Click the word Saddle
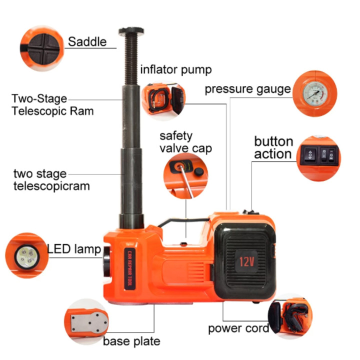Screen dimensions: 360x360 [87, 42]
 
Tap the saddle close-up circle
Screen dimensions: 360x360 [42, 48]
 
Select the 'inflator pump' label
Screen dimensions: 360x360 [176, 70]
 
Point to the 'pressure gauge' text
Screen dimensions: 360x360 [247, 89]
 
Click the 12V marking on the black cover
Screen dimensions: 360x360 [246, 261]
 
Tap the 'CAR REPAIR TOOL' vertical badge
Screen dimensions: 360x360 [130, 268]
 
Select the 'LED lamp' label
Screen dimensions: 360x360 [74, 249]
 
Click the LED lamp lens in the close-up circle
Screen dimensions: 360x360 [27, 256]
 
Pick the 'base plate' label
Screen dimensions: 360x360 [131, 341]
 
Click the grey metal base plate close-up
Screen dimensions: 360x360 [89, 323]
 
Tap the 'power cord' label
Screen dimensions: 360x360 [238, 328]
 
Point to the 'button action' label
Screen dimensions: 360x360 [273, 147]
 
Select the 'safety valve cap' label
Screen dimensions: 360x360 [185, 142]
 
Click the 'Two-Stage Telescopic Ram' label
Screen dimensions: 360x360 [52, 105]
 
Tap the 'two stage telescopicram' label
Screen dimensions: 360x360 [51, 180]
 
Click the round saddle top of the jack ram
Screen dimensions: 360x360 [131, 31]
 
